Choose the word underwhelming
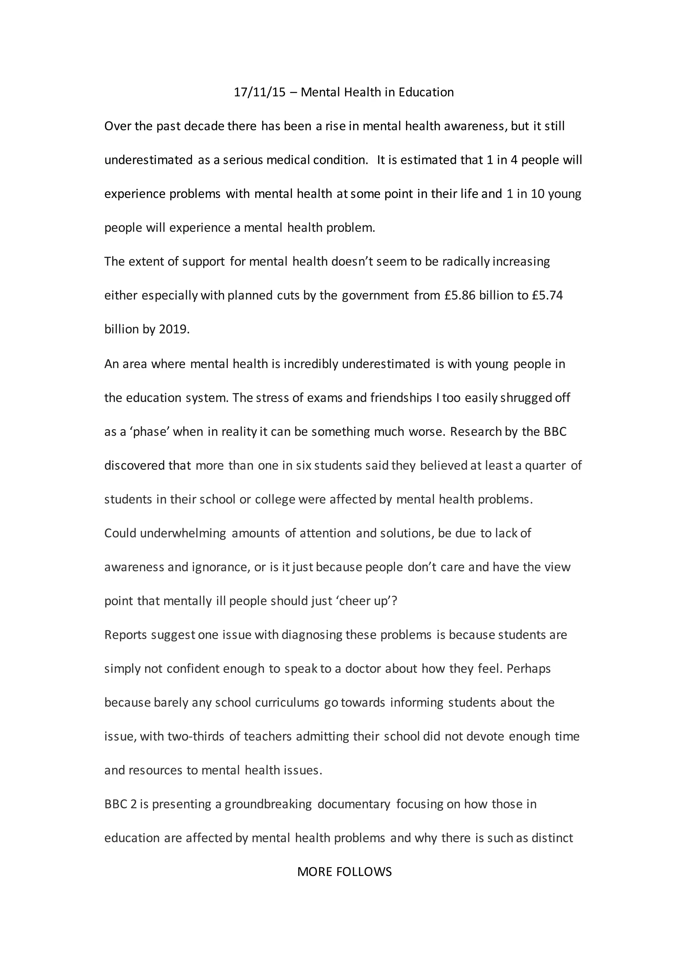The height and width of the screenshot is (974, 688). tap(183, 533)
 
